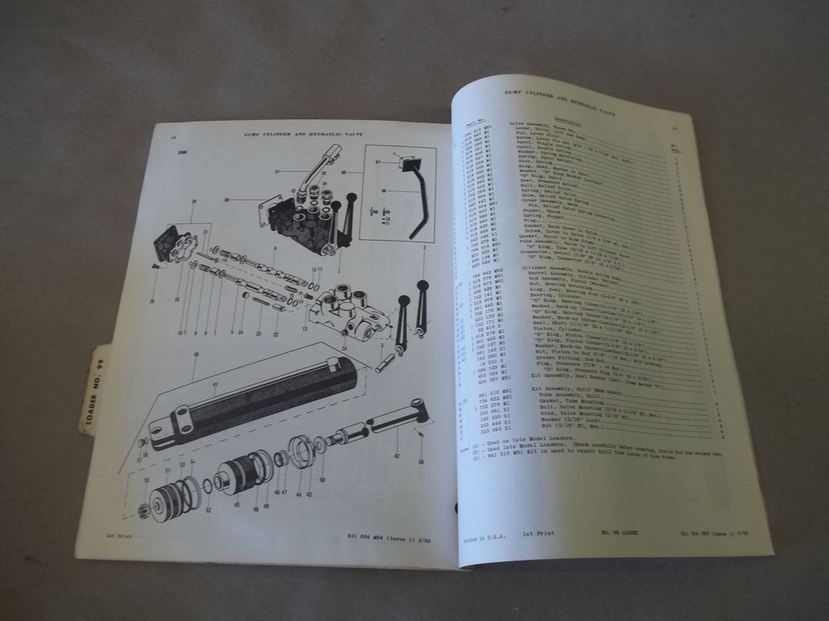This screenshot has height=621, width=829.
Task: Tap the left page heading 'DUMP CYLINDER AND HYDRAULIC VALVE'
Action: (x=300, y=135)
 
